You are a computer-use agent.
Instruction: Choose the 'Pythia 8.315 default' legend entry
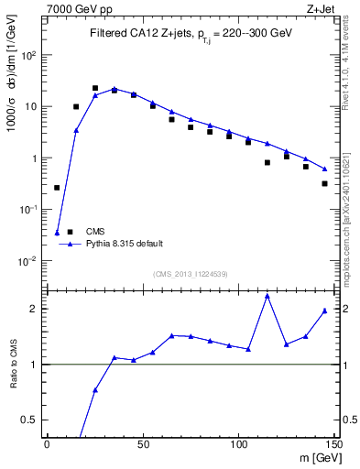point(125,244)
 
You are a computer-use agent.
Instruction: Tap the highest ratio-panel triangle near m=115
point(267,296)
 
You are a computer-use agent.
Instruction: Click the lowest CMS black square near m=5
point(57,188)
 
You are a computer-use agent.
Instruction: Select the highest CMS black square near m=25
point(95,88)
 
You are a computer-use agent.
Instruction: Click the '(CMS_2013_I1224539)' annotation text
point(191,274)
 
